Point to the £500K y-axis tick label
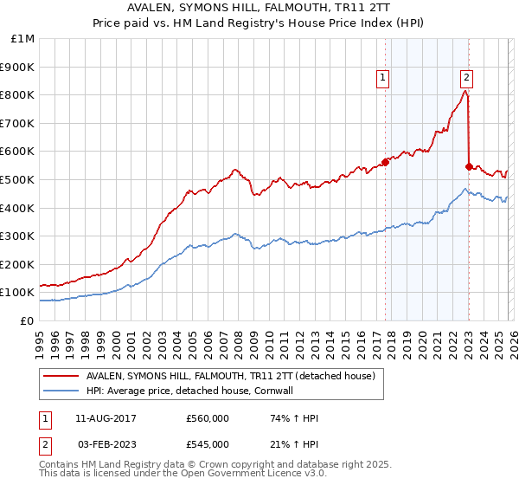[x=19, y=179]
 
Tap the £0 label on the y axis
[x=28, y=320]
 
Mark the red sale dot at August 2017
[x=385, y=163]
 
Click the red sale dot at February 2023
[x=469, y=166]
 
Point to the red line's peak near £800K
[x=465, y=91]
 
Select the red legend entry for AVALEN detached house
[x=229, y=377]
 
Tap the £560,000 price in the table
[x=207, y=418]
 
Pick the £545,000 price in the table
[x=207, y=443]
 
